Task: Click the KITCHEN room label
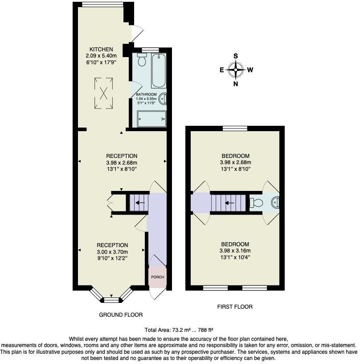point(101,49)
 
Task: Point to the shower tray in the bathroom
point(151,118)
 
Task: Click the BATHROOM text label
point(146,94)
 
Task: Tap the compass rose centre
point(236,70)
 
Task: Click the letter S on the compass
point(236,56)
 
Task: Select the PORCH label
point(157,277)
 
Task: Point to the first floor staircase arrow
point(230,203)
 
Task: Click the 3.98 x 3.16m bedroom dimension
point(235,250)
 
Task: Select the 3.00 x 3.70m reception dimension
point(112,252)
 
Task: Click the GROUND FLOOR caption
point(120,314)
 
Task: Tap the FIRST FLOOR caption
point(235,306)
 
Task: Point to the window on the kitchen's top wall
point(102,4)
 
